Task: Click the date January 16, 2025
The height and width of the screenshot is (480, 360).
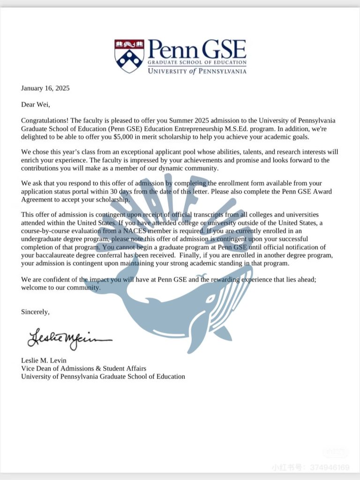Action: pyautogui.click(x=45, y=88)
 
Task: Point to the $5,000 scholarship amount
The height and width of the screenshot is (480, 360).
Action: pyautogui.click(x=127, y=136)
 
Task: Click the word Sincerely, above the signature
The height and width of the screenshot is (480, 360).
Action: pyautogui.click(x=35, y=311)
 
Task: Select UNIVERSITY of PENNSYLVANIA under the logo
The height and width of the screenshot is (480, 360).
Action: pyautogui.click(x=197, y=71)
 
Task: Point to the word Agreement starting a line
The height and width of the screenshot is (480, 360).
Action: pyautogui.click(x=38, y=199)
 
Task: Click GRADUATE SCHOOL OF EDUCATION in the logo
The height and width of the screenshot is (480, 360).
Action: pyautogui.click(x=197, y=62)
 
